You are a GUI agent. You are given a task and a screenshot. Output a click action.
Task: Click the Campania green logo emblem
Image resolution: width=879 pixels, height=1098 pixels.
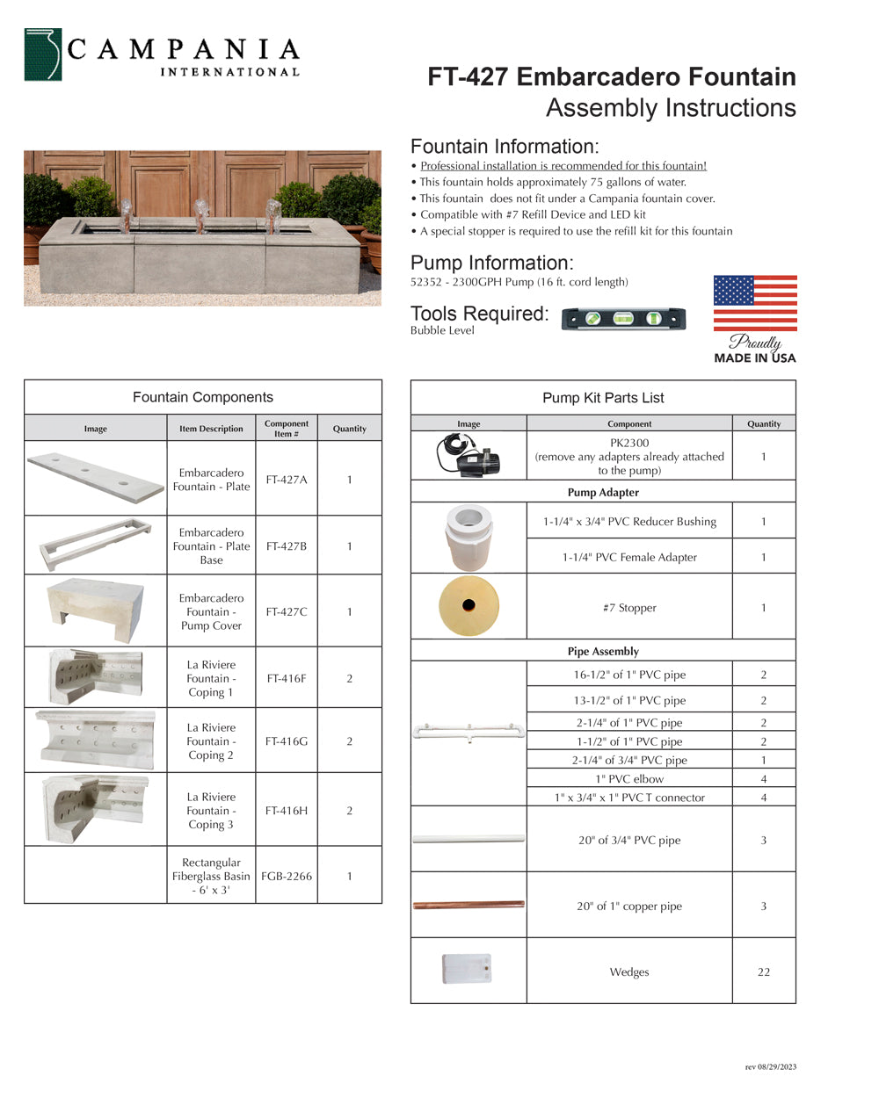click(43, 55)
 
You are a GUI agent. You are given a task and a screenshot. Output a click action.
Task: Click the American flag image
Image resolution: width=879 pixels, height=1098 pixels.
click(755, 303)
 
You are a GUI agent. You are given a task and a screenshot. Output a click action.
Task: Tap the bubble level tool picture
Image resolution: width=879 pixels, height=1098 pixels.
click(623, 318)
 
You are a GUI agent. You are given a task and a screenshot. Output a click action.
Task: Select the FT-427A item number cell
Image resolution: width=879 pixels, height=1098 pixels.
click(287, 480)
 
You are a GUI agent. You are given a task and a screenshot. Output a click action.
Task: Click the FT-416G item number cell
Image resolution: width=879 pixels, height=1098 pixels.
click(287, 741)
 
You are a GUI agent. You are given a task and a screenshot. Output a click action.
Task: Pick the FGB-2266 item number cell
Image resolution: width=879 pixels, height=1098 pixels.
click(287, 876)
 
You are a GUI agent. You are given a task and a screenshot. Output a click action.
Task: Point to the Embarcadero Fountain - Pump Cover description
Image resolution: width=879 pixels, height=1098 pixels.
click(211, 611)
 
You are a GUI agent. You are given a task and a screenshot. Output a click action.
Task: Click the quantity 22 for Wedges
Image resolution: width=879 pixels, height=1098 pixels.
click(763, 972)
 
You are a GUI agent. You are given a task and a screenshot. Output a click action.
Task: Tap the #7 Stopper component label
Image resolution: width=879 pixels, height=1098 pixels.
click(629, 608)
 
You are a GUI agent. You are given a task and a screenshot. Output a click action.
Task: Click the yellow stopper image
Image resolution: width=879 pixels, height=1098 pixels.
click(469, 606)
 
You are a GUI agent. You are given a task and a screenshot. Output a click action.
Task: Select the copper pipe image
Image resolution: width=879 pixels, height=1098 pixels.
click(469, 905)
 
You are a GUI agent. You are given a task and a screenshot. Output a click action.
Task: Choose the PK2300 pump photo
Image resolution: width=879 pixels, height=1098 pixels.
click(469, 455)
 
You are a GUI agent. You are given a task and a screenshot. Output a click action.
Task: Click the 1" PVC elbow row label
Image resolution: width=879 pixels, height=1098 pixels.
click(629, 779)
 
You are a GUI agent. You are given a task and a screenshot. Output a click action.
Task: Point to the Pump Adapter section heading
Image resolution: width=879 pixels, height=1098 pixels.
click(603, 493)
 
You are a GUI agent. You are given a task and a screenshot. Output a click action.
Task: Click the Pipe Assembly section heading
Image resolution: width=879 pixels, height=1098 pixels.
click(603, 652)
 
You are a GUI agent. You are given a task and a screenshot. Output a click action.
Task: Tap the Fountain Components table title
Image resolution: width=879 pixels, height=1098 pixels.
click(203, 397)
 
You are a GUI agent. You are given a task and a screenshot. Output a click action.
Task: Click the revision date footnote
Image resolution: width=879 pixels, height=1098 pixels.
click(770, 1067)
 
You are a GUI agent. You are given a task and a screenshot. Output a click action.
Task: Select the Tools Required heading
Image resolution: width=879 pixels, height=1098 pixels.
click(479, 314)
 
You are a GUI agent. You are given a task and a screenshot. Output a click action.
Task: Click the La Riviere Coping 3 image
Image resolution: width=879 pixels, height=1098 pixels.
click(95, 809)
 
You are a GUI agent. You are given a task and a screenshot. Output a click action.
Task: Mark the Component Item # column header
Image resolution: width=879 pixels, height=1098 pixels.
click(287, 429)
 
